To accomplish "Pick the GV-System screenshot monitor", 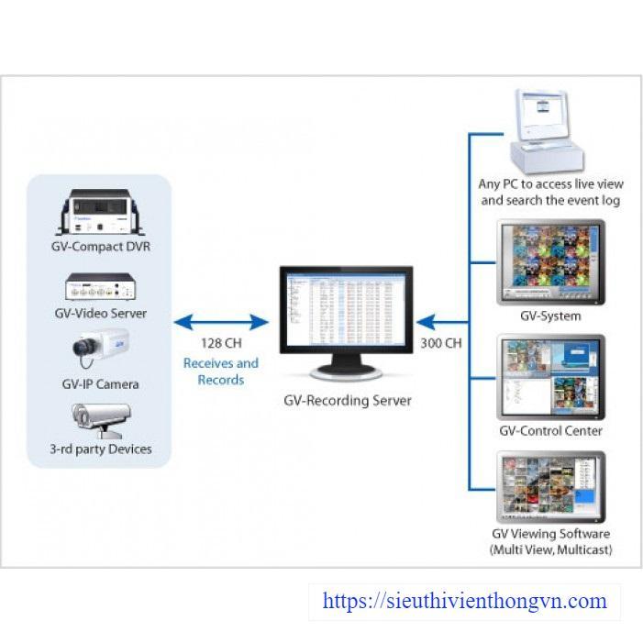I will point(550,262).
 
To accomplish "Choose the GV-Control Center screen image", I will point(550,377).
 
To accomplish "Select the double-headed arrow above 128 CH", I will point(221,322).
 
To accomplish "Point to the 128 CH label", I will point(221,343).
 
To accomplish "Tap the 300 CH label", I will point(441,343).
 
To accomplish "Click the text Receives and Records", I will point(221,371).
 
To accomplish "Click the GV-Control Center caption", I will point(550,430).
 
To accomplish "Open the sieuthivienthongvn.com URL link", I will point(465,602).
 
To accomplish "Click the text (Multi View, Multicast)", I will point(550,549).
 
